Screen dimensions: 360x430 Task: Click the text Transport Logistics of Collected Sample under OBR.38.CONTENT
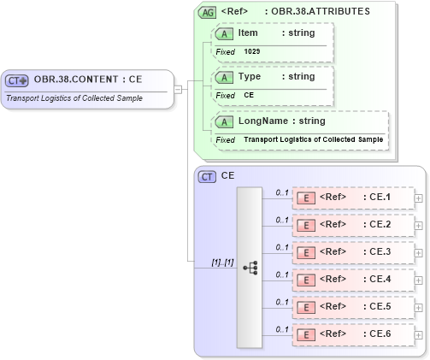[x=74, y=97]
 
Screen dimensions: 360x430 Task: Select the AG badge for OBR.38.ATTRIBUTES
[x=207, y=13]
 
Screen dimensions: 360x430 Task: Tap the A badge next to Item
[x=225, y=33]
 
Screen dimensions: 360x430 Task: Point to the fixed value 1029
[x=252, y=51]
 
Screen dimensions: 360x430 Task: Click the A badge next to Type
[x=225, y=77]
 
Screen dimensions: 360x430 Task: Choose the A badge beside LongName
[x=225, y=121]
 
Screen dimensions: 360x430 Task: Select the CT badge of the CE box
[x=207, y=176]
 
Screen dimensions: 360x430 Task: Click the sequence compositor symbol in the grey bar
[x=250, y=268]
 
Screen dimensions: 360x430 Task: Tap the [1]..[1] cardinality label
[x=222, y=262]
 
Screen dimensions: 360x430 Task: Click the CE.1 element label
[x=376, y=198]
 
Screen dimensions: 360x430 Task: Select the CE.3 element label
[x=376, y=252]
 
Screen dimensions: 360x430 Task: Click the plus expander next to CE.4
[x=418, y=280]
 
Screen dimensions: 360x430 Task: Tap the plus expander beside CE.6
[x=418, y=334]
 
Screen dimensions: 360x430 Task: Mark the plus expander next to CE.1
[x=418, y=198]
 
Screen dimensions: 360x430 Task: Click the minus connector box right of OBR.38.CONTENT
[x=178, y=87]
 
